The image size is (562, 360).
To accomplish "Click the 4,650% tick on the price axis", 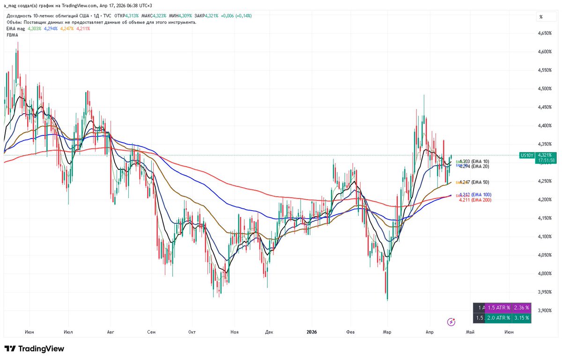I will (545, 33).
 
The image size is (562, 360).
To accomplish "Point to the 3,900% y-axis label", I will (545, 310).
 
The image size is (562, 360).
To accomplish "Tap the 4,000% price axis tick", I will (545, 273).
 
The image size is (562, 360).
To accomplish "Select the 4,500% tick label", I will (545, 88).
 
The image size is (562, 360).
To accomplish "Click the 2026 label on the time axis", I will (311, 332).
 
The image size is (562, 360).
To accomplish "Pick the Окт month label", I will (191, 332).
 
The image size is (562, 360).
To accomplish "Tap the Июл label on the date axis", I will (68, 332).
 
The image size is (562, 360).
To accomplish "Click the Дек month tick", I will (269, 332).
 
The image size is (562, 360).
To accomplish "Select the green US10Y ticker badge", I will (526, 155).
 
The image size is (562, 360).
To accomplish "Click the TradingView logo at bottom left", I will (34, 349).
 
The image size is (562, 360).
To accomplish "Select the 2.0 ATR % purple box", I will (501, 318).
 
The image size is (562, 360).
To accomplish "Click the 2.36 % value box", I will (521, 308).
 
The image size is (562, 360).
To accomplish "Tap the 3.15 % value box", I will (521, 318).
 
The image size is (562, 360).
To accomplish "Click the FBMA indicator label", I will (13, 35).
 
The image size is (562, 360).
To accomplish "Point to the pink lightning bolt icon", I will (451, 322).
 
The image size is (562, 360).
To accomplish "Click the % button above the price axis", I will (541, 17).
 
